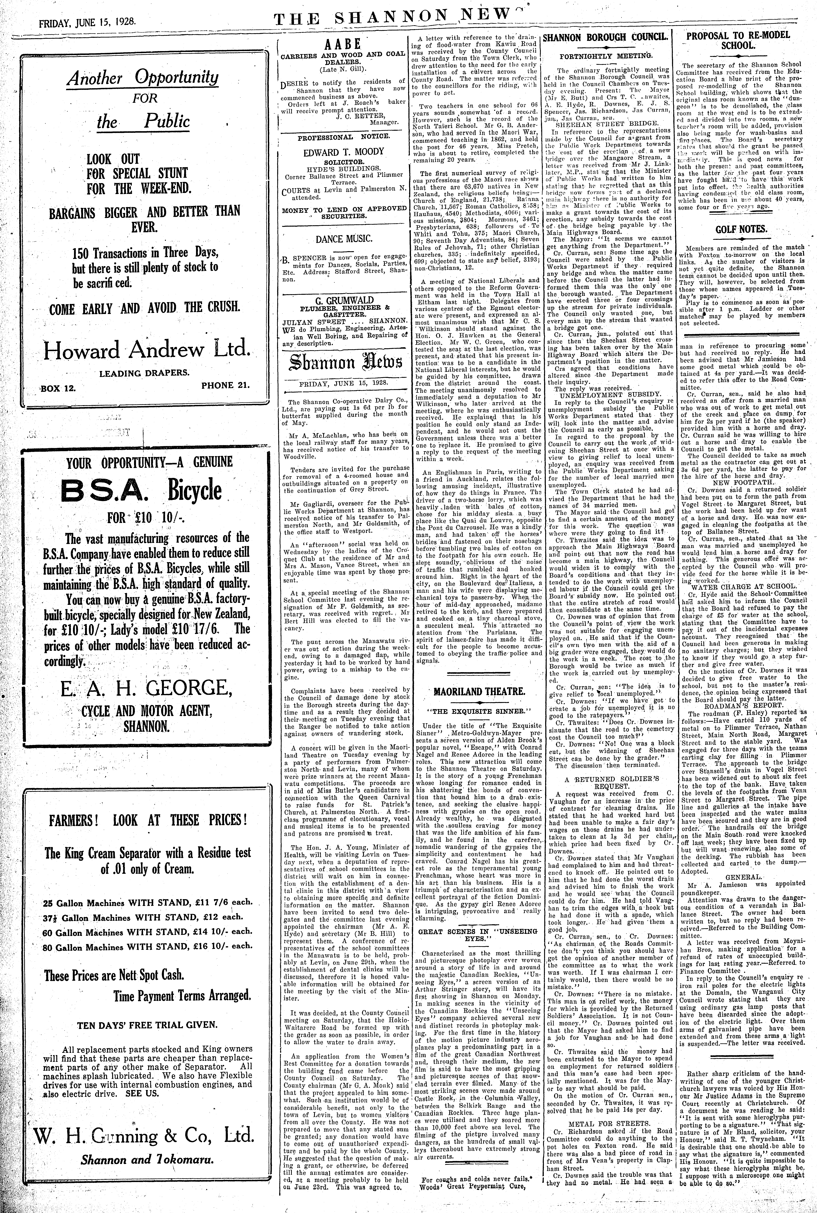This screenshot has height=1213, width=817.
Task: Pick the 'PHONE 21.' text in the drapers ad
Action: click(225, 385)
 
